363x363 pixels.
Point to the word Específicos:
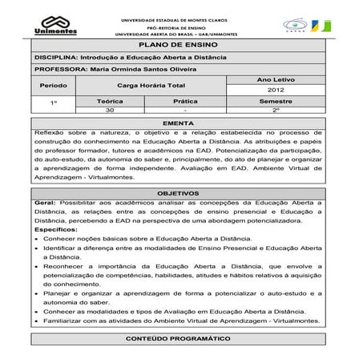(55, 229)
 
